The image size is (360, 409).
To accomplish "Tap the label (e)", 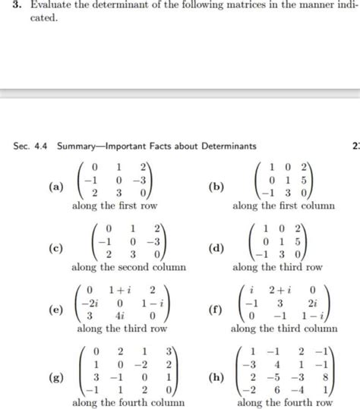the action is [55, 310].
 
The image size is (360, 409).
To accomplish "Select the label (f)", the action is [216, 310].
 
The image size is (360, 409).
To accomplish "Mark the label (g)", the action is [55, 378].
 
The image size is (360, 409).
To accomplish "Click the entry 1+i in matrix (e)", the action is [119, 289].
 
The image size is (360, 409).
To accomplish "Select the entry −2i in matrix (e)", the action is [90, 302].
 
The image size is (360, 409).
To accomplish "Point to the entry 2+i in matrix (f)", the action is [280, 289].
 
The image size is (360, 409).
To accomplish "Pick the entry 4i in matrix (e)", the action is [120, 315].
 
